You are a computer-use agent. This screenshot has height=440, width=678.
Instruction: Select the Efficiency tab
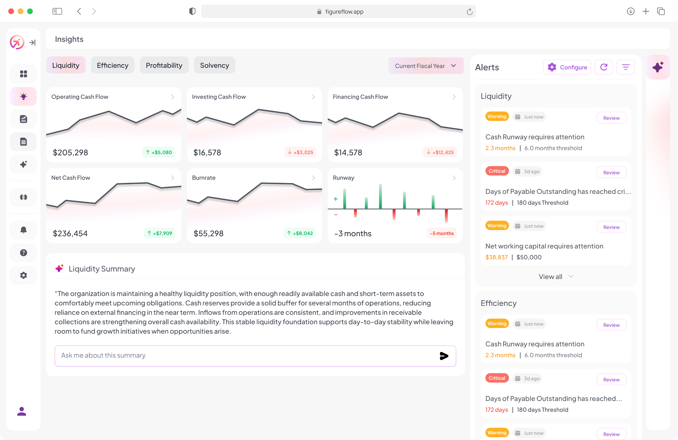coord(113,66)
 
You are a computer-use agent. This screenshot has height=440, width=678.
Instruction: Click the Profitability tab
coord(164,66)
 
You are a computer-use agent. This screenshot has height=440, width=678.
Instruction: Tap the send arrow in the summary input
coord(444,356)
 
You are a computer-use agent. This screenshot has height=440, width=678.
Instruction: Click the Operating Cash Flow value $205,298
coord(70,153)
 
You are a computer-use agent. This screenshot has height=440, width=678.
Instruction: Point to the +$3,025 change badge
coord(300,152)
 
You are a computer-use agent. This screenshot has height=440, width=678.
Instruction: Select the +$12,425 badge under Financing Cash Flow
coord(440,152)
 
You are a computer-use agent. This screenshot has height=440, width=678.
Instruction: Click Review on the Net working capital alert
coord(611,227)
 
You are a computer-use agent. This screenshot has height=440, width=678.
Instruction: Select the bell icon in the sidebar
coord(23,230)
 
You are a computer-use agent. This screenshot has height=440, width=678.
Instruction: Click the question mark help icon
coord(23,253)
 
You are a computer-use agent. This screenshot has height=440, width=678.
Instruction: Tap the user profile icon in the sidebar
coord(22,411)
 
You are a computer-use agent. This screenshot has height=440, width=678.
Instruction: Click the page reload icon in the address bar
coord(469,12)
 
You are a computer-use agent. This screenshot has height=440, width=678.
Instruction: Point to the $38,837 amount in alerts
coord(496,257)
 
